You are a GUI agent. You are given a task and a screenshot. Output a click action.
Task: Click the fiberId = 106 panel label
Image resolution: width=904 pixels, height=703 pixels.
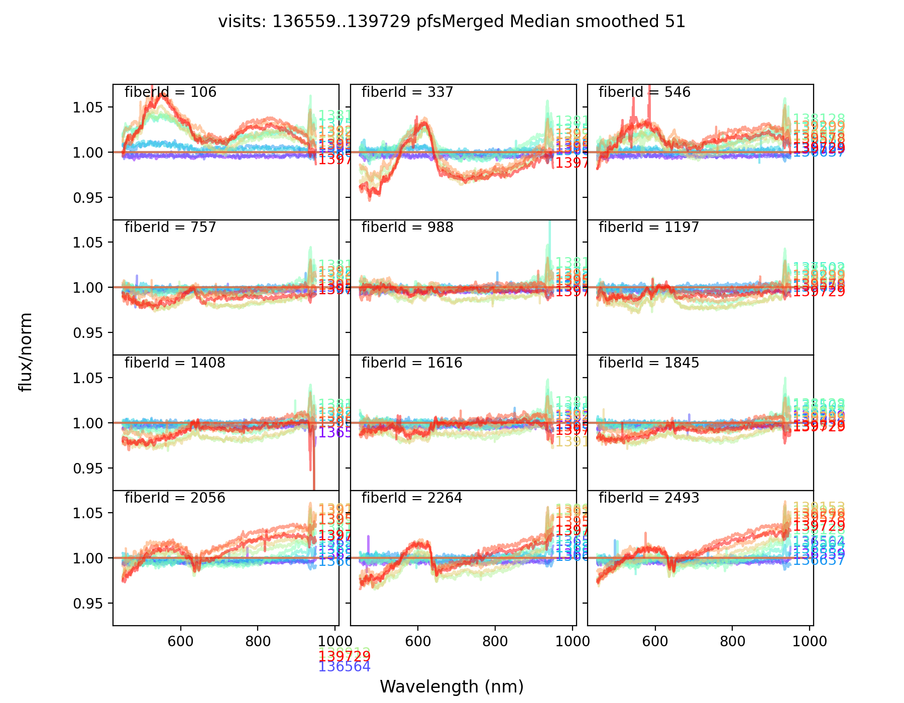click(170, 92)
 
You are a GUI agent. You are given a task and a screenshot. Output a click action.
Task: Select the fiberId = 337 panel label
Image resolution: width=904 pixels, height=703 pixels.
click(407, 92)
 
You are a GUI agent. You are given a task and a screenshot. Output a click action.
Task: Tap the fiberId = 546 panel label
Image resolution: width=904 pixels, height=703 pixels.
click(644, 92)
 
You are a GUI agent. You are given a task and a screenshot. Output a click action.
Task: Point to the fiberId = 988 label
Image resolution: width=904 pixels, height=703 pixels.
click(407, 227)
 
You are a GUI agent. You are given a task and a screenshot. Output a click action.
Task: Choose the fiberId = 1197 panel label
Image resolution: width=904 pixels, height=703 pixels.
click(648, 227)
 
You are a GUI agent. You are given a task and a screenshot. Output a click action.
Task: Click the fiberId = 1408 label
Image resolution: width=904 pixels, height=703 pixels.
click(175, 363)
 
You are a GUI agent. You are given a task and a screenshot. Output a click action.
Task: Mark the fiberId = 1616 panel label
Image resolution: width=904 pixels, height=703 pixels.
click(412, 363)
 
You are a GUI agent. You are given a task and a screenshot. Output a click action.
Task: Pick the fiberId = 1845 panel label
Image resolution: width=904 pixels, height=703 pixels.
click(648, 363)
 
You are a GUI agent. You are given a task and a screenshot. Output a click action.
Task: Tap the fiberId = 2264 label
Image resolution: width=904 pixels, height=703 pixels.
click(412, 498)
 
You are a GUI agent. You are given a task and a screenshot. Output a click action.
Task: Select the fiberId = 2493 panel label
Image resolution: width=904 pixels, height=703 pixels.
click(648, 498)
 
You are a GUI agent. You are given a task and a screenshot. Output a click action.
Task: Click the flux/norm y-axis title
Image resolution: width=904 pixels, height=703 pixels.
click(25, 351)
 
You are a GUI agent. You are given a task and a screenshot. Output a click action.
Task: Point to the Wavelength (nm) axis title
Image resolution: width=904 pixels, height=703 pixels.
click(451, 686)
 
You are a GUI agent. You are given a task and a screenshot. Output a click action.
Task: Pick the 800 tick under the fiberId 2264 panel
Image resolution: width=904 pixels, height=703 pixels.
click(495, 641)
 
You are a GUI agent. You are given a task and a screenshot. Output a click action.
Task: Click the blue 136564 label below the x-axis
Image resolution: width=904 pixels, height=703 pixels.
click(345, 667)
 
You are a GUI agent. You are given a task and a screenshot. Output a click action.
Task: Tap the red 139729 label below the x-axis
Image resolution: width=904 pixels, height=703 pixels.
click(345, 657)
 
